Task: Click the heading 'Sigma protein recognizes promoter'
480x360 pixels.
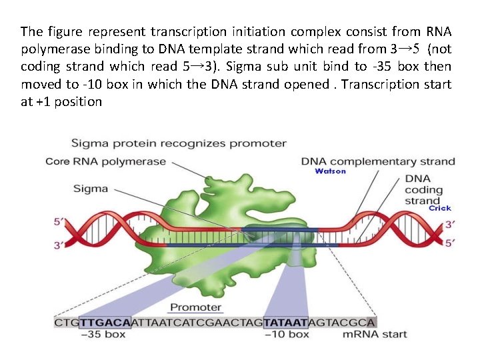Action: pyautogui.click(x=179, y=143)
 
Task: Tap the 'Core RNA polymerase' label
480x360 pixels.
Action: pyautogui.click(x=105, y=161)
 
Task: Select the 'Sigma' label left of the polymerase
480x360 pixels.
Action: pyautogui.click(x=91, y=189)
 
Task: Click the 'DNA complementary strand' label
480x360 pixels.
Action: pyautogui.click(x=378, y=161)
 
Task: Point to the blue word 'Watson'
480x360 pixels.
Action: pyautogui.click(x=330, y=171)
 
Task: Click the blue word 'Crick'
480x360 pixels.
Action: pyautogui.click(x=439, y=208)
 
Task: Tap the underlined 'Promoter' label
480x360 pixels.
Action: pyautogui.click(x=195, y=307)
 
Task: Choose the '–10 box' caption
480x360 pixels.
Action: pyautogui.click(x=287, y=334)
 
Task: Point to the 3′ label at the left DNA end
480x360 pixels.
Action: pyautogui.click(x=59, y=245)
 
